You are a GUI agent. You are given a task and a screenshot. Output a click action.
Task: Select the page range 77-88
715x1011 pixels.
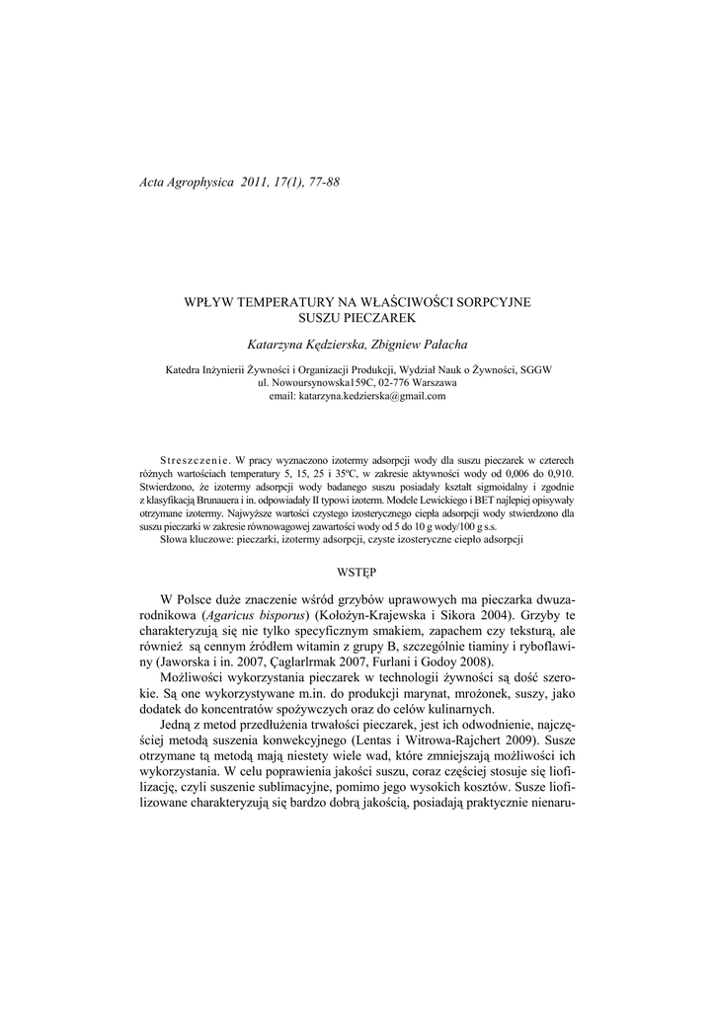point(322,182)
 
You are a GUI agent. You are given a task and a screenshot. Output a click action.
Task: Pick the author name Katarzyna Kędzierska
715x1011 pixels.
point(303,344)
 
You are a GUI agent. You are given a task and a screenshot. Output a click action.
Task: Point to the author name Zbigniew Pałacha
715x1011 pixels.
point(419,344)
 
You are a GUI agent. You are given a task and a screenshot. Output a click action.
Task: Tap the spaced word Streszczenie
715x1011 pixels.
point(195,461)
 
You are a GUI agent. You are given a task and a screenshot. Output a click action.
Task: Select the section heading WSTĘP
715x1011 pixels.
point(357,572)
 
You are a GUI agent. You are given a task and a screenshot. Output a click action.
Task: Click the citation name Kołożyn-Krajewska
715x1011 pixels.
point(385,616)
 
